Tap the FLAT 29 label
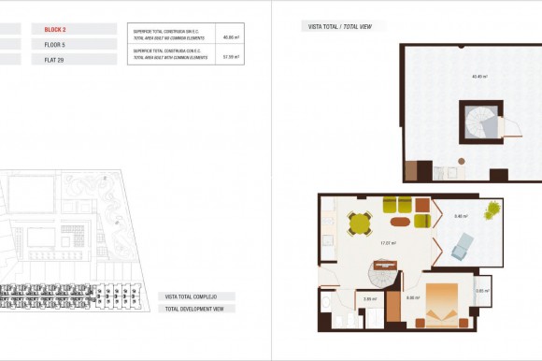(x=55, y=59)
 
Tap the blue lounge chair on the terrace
(x=464, y=247)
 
